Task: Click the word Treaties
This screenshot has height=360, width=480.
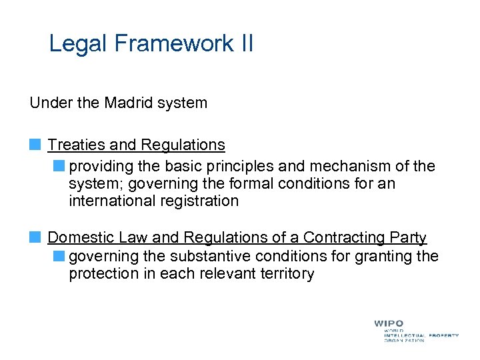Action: tap(73, 145)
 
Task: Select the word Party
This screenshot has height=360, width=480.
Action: tap(408, 237)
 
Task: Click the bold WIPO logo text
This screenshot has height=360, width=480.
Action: tap(388, 323)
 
